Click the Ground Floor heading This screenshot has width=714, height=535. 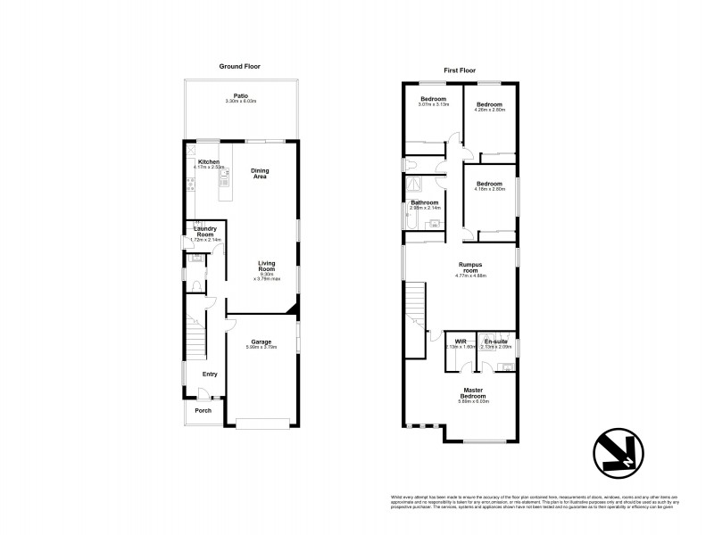[x=240, y=66]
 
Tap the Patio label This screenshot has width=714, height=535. [x=240, y=95]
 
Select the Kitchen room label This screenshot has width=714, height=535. [x=208, y=161]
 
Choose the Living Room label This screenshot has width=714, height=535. [x=267, y=265]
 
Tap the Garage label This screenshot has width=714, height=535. [x=261, y=342]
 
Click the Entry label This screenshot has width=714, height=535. [x=210, y=374]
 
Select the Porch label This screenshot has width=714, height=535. [x=203, y=410]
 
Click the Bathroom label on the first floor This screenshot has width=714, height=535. [x=425, y=202]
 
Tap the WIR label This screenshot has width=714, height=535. [x=461, y=341]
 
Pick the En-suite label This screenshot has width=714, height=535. [x=495, y=341]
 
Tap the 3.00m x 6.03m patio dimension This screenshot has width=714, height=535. [x=240, y=102]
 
